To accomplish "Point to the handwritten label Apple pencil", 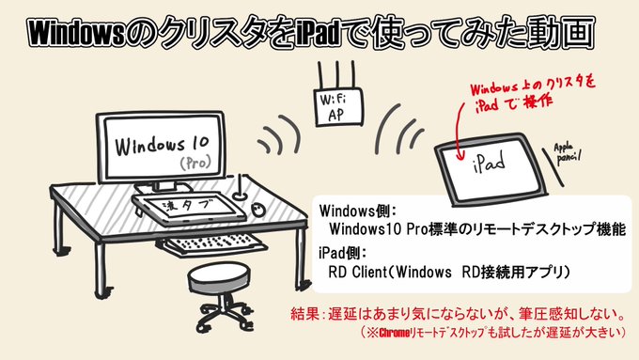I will (569, 150).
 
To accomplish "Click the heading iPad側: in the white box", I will (346, 253).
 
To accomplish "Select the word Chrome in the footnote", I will (396, 333).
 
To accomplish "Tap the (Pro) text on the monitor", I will (196, 164).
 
